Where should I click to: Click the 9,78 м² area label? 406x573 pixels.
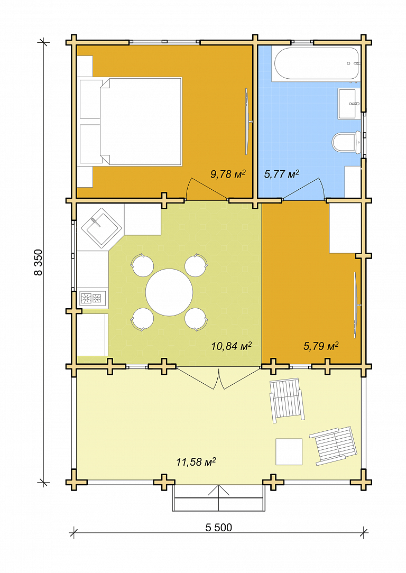[228, 174]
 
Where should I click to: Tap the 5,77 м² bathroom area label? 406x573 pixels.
[281, 174]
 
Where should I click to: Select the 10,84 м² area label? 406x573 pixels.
[232, 346]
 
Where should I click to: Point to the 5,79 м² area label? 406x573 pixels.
[321, 346]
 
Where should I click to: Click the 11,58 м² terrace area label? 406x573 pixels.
[196, 462]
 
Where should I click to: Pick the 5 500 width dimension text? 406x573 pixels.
[218, 528]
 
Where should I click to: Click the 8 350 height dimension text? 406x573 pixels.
[39, 262]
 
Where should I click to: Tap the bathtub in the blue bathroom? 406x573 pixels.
[317, 63]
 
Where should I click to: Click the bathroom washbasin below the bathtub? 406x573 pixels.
[347, 104]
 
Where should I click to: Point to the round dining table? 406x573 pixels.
[169, 292]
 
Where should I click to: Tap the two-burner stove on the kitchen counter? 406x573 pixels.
[93, 298]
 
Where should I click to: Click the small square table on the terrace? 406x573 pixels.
[289, 451]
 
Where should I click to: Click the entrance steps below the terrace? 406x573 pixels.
[218, 498]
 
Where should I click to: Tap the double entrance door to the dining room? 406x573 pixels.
[218, 378]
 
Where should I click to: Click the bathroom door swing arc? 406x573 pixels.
[303, 189]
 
